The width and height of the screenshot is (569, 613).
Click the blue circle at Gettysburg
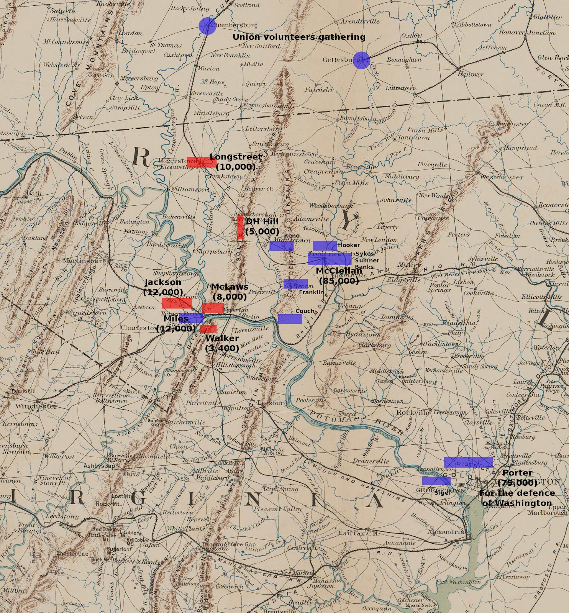361,61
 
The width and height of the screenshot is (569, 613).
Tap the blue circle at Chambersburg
207,26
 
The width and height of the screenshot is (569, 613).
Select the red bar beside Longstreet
201,162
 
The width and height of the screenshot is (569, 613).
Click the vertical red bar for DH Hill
240,227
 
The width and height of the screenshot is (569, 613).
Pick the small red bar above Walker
208,328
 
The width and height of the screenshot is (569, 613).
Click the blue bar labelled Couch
290,319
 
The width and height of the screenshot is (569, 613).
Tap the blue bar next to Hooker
325,246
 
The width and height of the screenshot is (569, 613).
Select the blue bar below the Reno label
281,246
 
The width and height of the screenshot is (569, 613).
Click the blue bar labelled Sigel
436,481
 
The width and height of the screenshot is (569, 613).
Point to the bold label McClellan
339,271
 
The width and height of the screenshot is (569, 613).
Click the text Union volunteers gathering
299,37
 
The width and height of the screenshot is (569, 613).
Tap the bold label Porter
517,473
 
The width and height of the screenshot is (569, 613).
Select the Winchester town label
36,406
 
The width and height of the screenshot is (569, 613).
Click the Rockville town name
413,413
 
